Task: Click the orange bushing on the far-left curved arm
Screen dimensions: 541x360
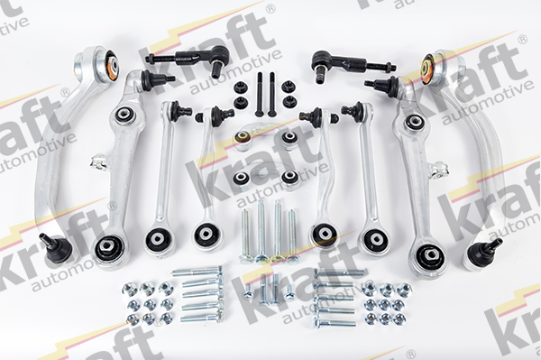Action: (112, 65)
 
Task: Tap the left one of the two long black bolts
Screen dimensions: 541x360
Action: (260, 94)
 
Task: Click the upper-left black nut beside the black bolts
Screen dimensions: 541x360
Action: (238, 87)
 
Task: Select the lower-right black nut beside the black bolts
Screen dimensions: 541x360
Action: (289, 101)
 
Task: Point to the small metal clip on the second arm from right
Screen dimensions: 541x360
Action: (438, 170)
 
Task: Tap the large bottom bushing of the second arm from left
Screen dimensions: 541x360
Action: (108, 248)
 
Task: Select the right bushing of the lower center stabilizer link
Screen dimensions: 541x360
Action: (289, 178)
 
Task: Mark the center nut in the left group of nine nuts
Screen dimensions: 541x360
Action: (149, 304)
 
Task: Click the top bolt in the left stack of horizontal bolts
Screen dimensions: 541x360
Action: (197, 272)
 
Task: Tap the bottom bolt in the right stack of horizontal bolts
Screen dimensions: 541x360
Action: (335, 323)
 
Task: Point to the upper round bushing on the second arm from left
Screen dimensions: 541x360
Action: (124, 115)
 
